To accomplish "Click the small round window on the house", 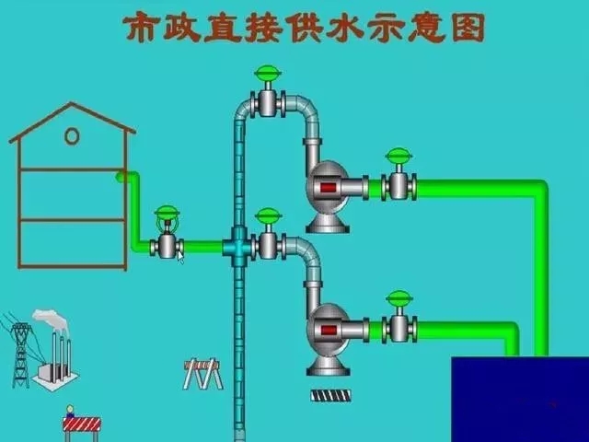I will pos(72,136).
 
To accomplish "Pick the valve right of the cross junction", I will pos(268,244).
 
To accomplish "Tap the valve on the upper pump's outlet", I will pos(398,184).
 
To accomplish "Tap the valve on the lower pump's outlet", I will pos(398,326).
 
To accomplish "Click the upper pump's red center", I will pos(326,189).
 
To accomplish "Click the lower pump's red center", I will pos(326,330).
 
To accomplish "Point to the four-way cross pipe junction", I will pos(239,246).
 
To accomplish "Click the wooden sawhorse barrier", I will pos(202,372).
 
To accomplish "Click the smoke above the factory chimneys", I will pos(52,320).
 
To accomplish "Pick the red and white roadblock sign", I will pos(81,425).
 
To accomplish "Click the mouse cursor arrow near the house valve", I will pos(180,257).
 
